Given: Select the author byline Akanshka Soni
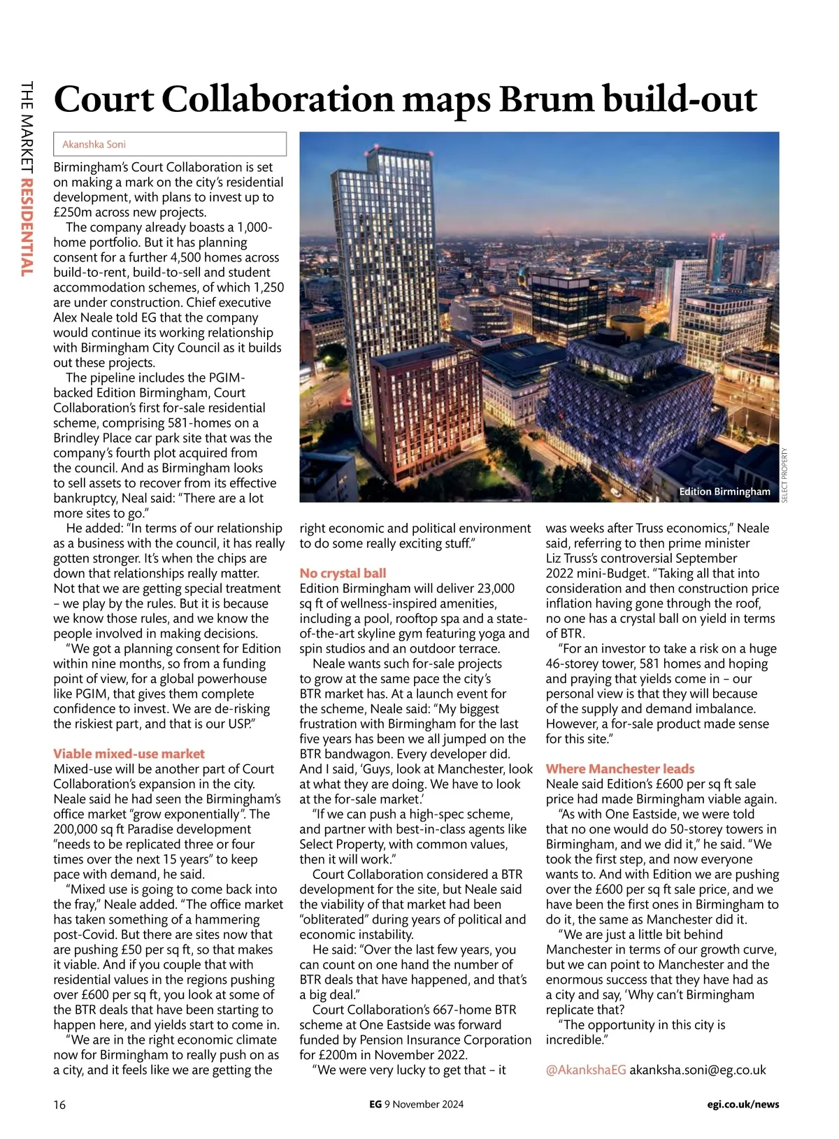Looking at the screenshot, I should [94, 144].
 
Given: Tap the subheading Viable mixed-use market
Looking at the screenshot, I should [129, 754].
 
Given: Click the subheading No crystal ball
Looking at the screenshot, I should [343, 573].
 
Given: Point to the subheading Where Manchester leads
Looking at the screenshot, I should [620, 768].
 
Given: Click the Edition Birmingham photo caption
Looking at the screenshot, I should [724, 492].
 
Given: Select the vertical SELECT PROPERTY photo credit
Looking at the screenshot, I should [784, 475].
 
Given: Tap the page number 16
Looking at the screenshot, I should [59, 1105].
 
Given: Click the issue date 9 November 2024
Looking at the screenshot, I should [424, 1105].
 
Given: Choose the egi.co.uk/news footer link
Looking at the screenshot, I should [743, 1105].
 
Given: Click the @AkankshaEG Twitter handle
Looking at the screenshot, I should [586, 1070].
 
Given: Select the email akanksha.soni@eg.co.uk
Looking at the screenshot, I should [698, 1070].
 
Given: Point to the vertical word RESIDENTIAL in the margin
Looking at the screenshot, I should [27, 227].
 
